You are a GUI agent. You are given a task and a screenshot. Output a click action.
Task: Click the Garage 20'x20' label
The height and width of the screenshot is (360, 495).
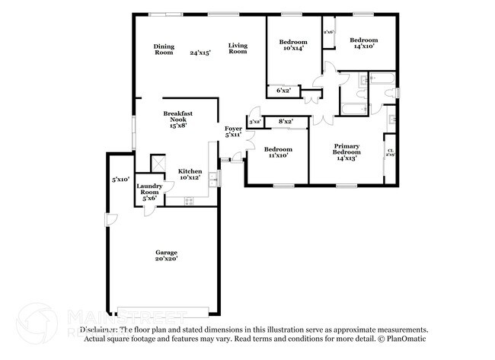167,256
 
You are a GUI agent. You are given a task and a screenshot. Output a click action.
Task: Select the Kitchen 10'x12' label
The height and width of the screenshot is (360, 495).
190,174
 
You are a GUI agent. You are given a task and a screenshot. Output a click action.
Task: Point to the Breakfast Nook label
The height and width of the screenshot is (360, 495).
177,120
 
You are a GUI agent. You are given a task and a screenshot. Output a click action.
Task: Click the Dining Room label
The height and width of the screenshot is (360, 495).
164,49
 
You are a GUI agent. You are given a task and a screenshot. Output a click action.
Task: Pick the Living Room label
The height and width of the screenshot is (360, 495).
238,49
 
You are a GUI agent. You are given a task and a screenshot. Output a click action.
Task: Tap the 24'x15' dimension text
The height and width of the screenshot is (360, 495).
200,53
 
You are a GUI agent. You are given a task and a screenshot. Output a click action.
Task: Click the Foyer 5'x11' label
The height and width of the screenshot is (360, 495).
233,132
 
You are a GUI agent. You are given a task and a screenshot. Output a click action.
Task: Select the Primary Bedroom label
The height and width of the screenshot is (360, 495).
346,151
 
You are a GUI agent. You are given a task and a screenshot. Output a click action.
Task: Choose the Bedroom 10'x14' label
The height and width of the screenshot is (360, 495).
292,45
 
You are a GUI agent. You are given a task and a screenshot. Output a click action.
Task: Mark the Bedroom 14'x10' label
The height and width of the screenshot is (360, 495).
363,43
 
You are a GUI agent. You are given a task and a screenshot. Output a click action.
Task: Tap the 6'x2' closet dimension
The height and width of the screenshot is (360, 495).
283,91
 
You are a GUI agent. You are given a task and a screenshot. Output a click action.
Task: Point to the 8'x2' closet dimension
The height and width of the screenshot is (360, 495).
286,121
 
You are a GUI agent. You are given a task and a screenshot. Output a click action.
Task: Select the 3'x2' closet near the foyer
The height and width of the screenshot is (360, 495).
255,122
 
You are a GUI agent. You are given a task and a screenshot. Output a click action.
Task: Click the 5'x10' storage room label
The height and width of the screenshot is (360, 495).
120,180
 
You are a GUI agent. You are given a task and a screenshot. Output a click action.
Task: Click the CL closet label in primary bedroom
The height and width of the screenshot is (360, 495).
390,152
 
